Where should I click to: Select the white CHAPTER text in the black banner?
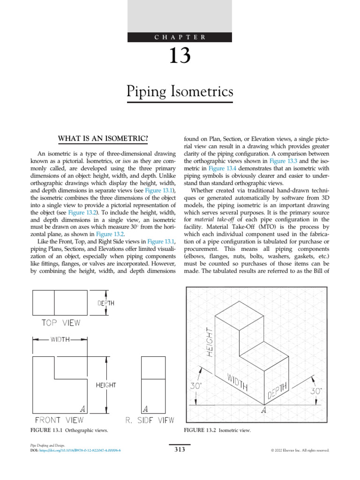click(x=180, y=37)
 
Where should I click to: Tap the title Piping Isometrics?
click(x=180, y=90)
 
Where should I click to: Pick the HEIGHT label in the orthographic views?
click(x=106, y=385)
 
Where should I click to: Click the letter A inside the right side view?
click(x=146, y=408)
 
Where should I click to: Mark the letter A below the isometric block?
click(x=264, y=411)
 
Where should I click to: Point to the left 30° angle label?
click(x=196, y=387)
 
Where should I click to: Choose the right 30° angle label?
click(x=317, y=390)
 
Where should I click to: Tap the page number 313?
click(x=180, y=450)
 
